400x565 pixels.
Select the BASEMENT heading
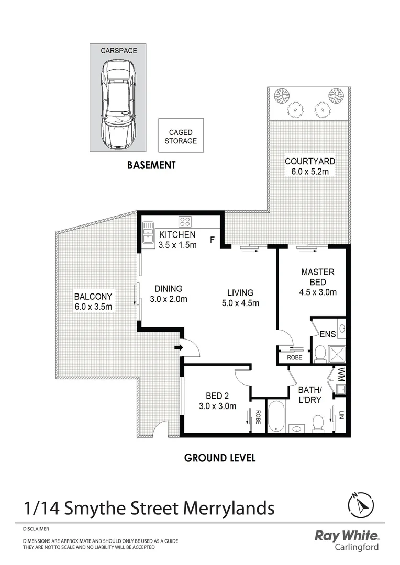(x=151, y=165)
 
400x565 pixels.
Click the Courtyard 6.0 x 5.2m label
(x=309, y=166)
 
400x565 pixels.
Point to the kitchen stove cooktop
(x=185, y=221)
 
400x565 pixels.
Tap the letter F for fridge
(x=212, y=240)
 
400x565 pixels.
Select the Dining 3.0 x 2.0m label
(x=168, y=294)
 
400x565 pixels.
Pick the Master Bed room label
(x=317, y=282)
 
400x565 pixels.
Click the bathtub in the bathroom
(x=275, y=416)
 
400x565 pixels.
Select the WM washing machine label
(x=341, y=375)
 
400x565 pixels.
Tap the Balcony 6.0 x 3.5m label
(x=93, y=301)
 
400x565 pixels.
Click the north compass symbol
(x=361, y=505)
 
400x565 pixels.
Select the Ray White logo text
(x=346, y=535)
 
